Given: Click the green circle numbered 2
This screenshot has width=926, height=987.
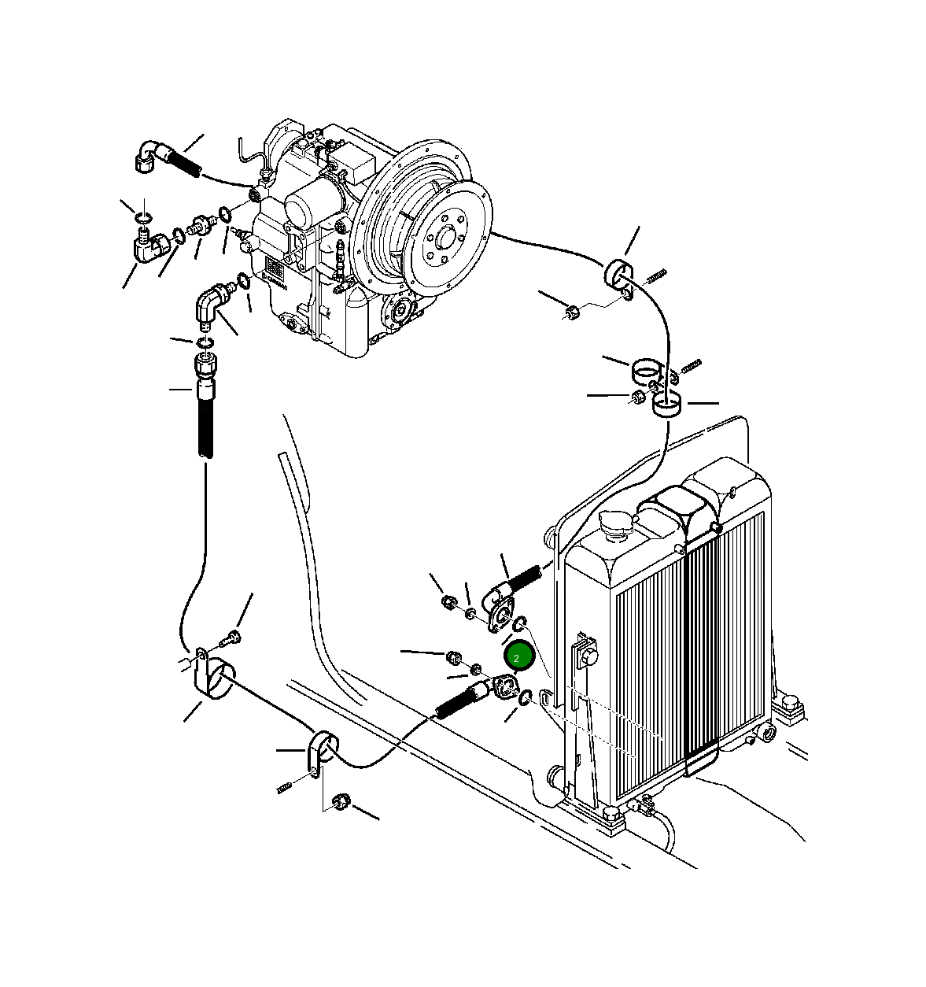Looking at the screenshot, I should point(518,656).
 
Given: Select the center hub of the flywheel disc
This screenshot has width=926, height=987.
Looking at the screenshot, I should point(442,235).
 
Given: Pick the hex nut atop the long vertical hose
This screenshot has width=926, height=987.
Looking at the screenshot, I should point(205,365).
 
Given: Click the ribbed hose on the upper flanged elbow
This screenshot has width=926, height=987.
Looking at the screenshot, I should point(523,579).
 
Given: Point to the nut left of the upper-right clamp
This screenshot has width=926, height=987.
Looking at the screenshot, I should point(574,312).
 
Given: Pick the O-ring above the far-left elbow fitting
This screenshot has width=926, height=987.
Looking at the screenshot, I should point(142,217).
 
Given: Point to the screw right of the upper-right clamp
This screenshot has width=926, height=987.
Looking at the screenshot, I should point(657,275).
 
